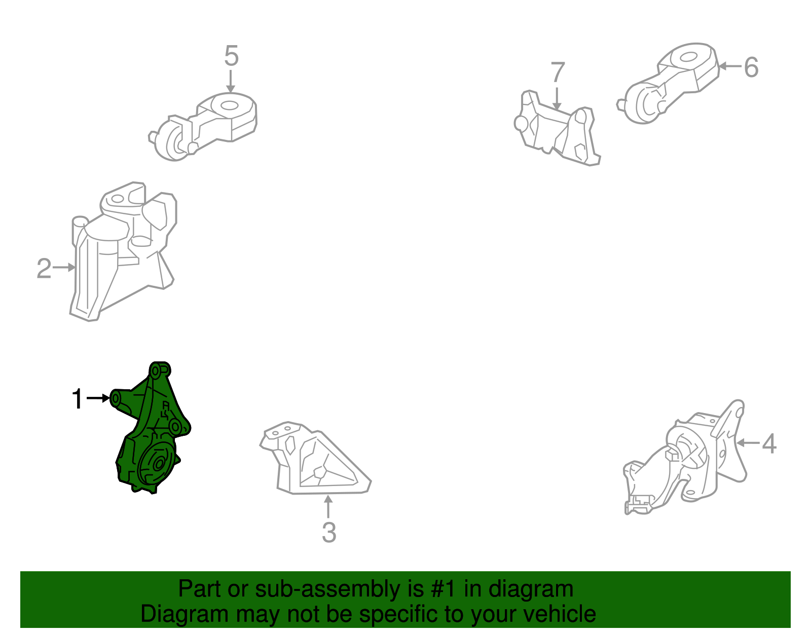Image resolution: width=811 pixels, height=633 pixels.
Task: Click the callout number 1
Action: (77, 398)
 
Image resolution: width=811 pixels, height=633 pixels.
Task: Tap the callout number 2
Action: (44, 268)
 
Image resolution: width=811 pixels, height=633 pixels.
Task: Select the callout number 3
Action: (329, 532)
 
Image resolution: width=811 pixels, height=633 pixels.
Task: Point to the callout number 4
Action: (769, 443)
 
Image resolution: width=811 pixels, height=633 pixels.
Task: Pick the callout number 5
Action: (232, 56)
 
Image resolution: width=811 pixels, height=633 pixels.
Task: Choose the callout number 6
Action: (751, 67)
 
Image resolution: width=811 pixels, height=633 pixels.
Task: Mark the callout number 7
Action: (558, 71)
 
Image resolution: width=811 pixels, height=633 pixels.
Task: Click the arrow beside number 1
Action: (98, 398)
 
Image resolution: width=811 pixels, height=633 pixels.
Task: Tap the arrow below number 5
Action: (231, 81)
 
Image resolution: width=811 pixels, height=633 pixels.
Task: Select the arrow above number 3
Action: (327, 506)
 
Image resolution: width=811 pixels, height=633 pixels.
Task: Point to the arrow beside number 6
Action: (729, 66)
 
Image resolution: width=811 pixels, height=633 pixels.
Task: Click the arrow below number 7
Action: (557, 98)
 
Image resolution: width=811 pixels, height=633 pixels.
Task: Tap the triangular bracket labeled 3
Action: (315, 459)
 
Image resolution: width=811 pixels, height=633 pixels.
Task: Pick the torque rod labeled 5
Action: (203, 126)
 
